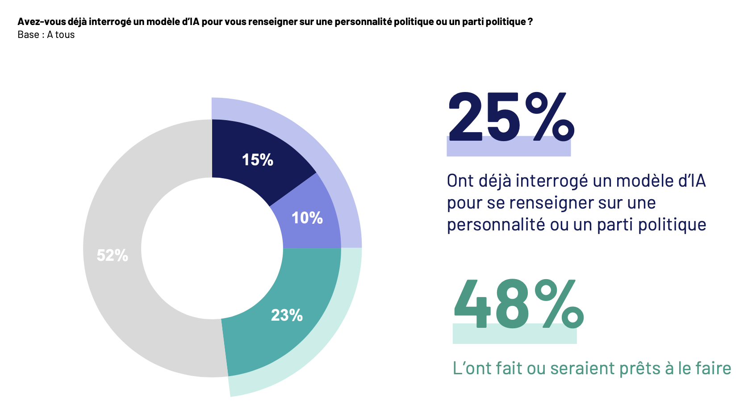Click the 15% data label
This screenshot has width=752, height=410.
(258, 160)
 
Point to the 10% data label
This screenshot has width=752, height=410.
(307, 218)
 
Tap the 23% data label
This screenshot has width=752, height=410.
(287, 315)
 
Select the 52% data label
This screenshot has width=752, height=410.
(113, 255)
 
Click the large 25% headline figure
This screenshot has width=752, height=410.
(510, 117)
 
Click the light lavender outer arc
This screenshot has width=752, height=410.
(313, 147)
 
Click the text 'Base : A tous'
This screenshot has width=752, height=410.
(46, 35)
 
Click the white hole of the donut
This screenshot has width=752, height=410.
(212, 248)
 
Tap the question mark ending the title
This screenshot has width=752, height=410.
(530, 22)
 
